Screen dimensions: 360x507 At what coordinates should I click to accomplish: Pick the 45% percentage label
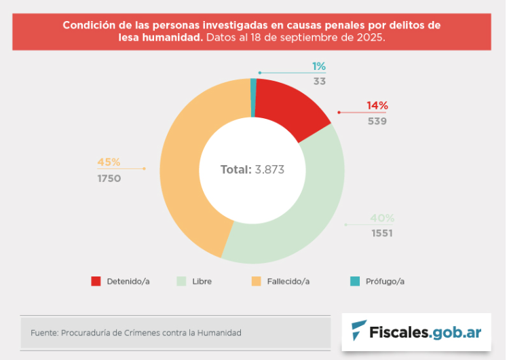pos(109,162)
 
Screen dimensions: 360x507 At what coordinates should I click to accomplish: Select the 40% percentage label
pos(382,219)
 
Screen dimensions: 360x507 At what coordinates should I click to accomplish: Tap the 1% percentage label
pos(319,66)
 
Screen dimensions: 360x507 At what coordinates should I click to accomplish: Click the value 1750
pos(109,179)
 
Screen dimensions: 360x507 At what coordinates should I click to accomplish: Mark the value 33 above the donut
pos(319,81)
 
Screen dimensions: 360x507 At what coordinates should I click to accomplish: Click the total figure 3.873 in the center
pos(269,170)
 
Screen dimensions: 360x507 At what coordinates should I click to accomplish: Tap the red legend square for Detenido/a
pos(96,281)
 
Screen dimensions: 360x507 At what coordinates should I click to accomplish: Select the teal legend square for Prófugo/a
pos(355,281)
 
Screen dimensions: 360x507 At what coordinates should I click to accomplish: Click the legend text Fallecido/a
pos(288,281)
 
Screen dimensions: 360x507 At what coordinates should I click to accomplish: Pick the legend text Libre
pos(202,281)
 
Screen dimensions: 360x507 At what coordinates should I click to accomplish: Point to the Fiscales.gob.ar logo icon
pos(358,331)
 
